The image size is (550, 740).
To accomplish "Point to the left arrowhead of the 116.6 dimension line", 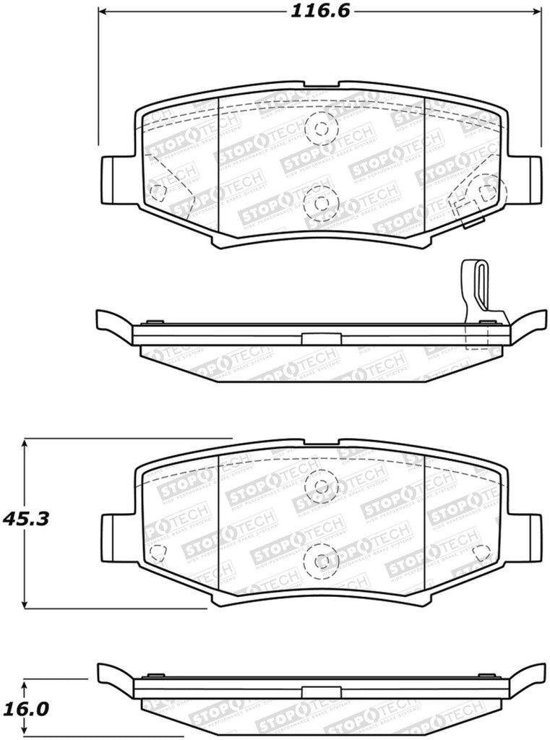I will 104,12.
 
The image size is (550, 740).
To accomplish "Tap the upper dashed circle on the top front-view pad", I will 320,129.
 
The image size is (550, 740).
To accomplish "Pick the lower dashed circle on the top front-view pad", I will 320,203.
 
